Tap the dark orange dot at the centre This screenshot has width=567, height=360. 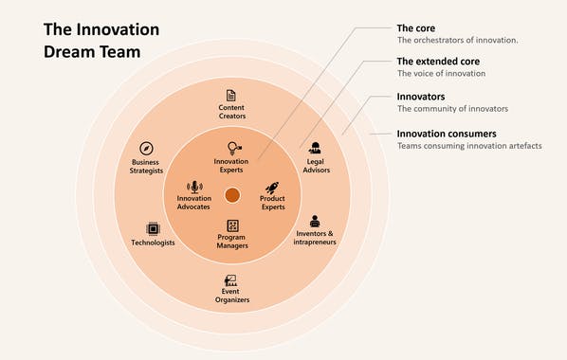[232, 194]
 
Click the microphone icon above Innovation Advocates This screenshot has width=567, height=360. [194, 187]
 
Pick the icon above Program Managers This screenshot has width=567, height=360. [232, 225]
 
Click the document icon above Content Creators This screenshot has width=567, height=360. [230, 95]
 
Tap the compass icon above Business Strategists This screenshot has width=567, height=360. [147, 149]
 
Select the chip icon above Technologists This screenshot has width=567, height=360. [152, 228]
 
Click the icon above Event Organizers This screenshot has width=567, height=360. [230, 280]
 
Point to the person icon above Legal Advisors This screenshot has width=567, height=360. [315, 147]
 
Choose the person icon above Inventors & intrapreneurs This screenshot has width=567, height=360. [315, 221]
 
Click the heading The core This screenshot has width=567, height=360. [415, 27]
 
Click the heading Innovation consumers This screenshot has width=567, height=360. [446, 133]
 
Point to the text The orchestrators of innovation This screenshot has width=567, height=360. [456, 40]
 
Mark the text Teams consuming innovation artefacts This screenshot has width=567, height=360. [469, 145]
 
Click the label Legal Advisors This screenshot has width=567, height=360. [315, 165]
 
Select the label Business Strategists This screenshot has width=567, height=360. [147, 167]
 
